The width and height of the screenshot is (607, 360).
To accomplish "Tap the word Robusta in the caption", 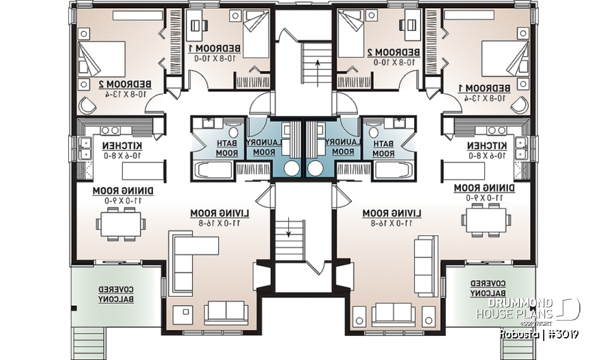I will tap(518, 333).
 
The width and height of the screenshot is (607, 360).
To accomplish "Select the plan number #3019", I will tap(562, 333).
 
